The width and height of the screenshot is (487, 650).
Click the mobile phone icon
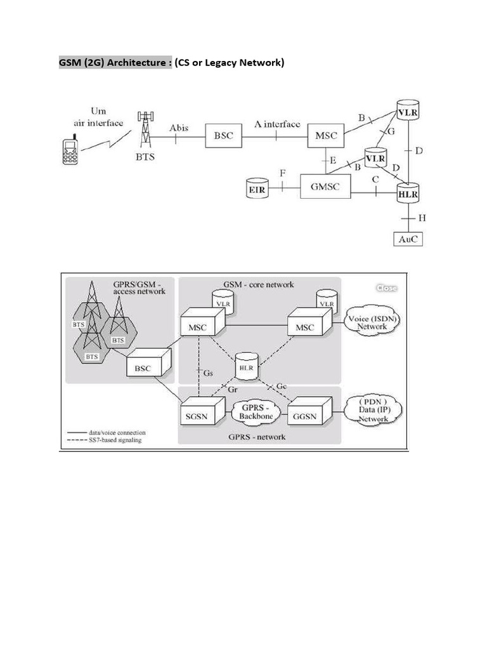[69, 151]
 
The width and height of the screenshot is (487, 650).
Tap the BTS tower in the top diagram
[146, 131]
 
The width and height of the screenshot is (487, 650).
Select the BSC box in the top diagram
[223, 135]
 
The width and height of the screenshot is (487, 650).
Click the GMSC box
[326, 187]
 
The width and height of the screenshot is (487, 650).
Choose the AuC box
[406, 239]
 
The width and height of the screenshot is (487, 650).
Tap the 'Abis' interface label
[178, 128]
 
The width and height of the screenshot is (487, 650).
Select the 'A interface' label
[277, 124]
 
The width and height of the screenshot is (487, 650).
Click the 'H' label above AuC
[422, 218]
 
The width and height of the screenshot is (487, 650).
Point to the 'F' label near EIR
[282, 173]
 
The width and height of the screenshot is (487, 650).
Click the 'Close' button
[387, 288]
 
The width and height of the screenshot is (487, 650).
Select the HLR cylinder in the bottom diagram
[245, 366]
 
